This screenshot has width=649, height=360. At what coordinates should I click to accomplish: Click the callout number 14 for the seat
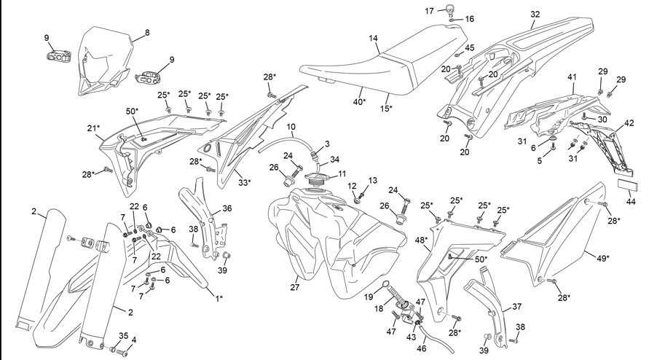tap(374, 38)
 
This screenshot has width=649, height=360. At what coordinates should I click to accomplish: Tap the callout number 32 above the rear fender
tap(535, 14)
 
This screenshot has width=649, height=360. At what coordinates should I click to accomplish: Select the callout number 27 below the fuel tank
tap(295, 286)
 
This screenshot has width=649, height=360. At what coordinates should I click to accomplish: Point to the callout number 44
tap(631, 202)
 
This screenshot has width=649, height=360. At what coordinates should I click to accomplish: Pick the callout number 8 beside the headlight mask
tap(147, 33)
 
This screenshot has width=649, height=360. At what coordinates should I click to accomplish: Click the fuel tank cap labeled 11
tap(318, 179)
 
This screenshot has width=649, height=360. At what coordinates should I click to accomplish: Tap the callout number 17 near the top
tap(429, 11)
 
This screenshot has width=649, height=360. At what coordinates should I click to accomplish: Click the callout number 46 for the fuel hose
tap(421, 348)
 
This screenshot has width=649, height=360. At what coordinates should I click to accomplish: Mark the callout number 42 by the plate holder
tap(629, 123)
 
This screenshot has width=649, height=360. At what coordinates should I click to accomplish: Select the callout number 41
tap(572, 77)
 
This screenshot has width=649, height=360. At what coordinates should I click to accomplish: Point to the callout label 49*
tap(602, 258)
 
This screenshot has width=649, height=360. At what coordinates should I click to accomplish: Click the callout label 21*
tap(93, 128)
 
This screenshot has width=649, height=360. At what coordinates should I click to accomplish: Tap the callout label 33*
tap(244, 182)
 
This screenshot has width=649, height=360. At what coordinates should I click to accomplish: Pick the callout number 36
tap(227, 208)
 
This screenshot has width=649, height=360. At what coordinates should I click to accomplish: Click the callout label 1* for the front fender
tap(219, 297)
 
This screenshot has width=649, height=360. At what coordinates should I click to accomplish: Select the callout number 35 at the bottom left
tap(123, 335)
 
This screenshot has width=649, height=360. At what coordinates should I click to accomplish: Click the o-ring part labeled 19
tap(385, 284)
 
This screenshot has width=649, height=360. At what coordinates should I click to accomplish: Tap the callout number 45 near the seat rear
tap(469, 48)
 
